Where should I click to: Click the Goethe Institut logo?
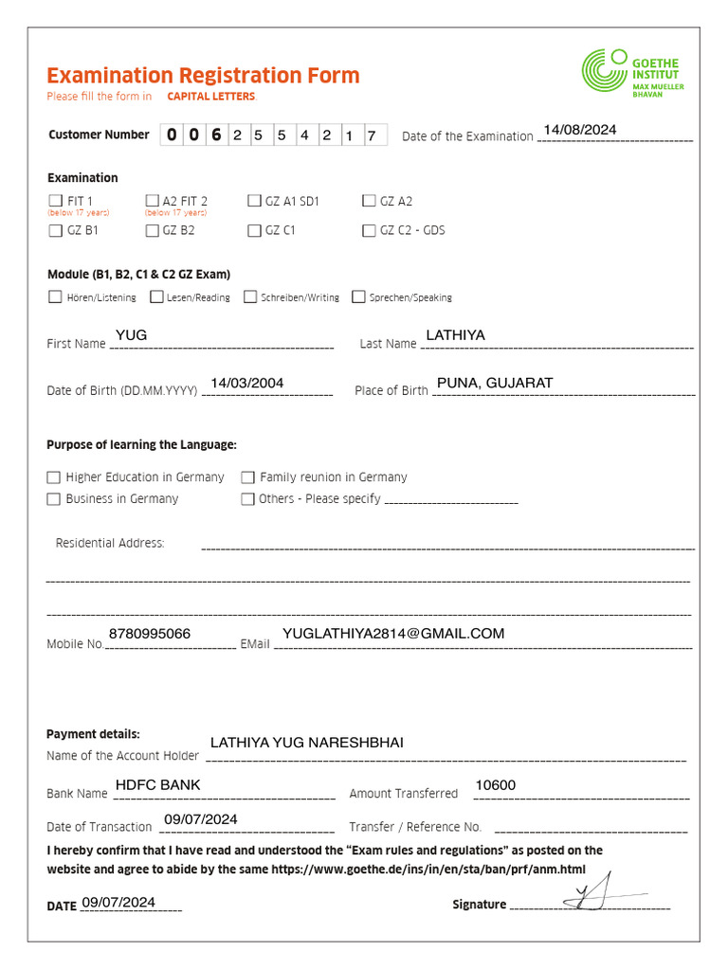click(x=632, y=73)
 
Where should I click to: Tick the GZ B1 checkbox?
click(x=54, y=230)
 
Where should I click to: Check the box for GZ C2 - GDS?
click(x=369, y=230)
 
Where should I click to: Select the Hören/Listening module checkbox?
click(x=55, y=297)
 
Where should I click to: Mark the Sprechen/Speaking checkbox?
click(x=358, y=297)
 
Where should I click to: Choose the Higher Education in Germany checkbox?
click(x=54, y=477)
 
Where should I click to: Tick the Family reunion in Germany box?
click(x=247, y=477)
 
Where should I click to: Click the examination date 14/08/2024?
click(x=580, y=130)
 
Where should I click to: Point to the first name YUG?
click(x=131, y=335)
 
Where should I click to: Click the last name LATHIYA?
click(x=455, y=335)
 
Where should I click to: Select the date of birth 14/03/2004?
click(x=247, y=383)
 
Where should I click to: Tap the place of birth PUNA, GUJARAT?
click(x=495, y=383)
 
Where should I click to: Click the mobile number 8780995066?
click(x=150, y=633)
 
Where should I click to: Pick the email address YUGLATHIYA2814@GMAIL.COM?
click(x=393, y=633)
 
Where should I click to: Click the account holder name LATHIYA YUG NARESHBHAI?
click(x=306, y=742)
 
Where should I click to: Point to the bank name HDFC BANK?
click(x=157, y=784)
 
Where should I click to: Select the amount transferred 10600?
click(x=495, y=784)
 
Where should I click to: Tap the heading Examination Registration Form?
click(x=203, y=76)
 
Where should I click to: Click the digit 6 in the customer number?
click(x=216, y=135)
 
